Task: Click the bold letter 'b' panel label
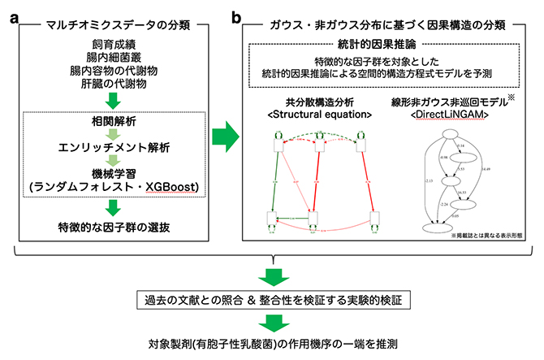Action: [235, 12]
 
